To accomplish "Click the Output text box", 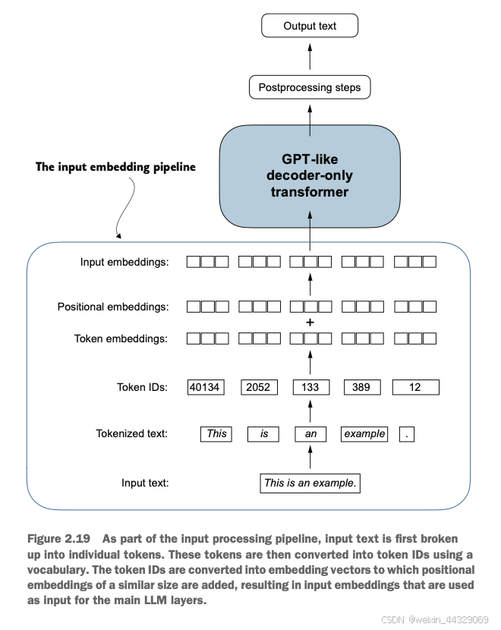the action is [310, 26].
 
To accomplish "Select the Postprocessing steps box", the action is [310, 87].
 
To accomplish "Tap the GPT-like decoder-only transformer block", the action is [310, 176].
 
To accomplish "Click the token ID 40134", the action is [206, 387].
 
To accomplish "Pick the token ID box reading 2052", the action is [259, 387].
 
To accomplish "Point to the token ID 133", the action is [311, 387].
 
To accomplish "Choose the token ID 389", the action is [362, 387].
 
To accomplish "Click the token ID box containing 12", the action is [415, 387].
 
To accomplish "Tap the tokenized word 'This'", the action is [216, 434].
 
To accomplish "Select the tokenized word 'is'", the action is [263, 434].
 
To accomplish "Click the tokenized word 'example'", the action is [364, 434].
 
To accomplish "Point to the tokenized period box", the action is [407, 434].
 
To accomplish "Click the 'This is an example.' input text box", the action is [310, 483].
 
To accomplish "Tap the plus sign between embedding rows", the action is [310, 323].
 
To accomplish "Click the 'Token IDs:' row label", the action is [142, 387].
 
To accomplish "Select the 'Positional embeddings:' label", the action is [113, 307].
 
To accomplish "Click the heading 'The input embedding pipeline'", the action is [115, 167].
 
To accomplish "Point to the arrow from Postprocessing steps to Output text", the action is [310, 56].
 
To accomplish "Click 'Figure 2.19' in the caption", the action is [58, 539].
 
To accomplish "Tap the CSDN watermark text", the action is [434, 619].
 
